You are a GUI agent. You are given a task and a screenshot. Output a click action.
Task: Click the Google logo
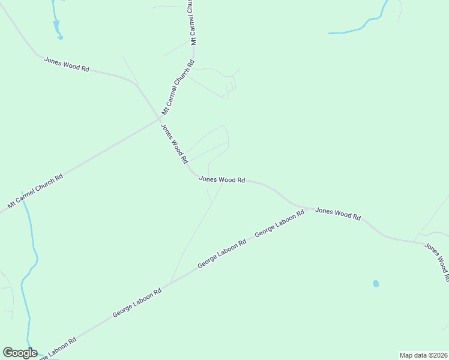tap(20, 353)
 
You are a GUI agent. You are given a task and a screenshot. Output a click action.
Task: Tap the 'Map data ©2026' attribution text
tap(423, 355)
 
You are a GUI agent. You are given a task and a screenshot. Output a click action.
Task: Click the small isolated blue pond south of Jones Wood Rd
tap(376, 283)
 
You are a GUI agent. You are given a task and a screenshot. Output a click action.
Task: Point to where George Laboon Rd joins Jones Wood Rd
tap(307, 209)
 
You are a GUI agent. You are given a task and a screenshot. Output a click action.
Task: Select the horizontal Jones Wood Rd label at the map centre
tap(222, 179)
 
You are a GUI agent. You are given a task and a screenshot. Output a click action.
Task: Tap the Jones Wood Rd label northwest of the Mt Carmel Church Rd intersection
tap(67, 64)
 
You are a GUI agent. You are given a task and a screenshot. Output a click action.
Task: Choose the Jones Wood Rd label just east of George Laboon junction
tap(338, 214)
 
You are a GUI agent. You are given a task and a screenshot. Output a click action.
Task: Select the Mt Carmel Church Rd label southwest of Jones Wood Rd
tap(35, 191)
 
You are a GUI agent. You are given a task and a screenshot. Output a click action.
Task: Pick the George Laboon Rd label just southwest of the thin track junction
tap(137, 303)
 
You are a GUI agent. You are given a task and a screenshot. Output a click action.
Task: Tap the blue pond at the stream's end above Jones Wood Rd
tap(59, 37)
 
